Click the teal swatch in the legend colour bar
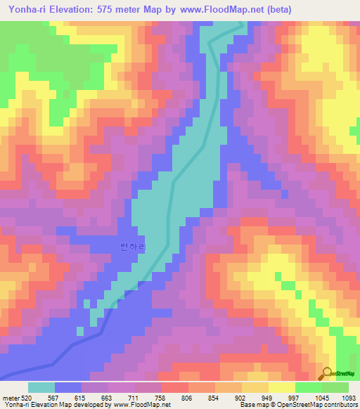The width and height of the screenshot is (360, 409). (x=41, y=387)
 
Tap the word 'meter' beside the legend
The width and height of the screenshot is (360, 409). (x=10, y=398)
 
